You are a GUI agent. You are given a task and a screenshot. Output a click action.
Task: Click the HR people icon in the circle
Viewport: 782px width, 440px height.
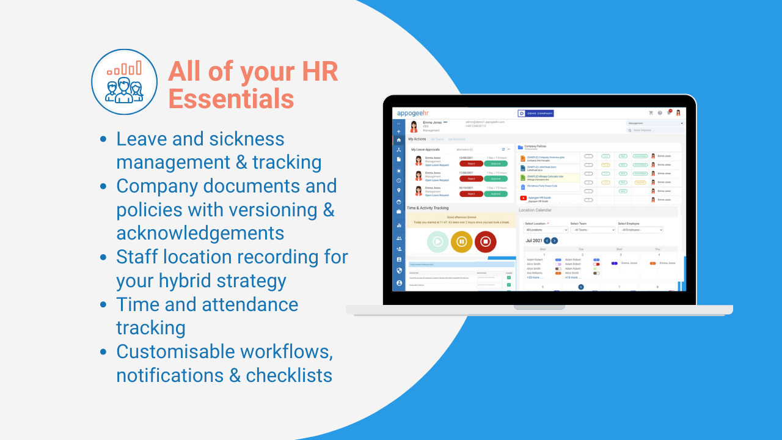pos(125,82)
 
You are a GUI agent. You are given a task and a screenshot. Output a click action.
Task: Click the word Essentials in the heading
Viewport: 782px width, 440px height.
pos(232,98)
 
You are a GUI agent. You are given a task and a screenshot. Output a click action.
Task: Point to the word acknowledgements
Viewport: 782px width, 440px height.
pos(200,233)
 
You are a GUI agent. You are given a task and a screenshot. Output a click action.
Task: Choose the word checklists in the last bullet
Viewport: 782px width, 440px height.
pos(289,375)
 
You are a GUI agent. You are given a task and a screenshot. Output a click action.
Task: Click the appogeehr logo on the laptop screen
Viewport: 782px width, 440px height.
pos(414,113)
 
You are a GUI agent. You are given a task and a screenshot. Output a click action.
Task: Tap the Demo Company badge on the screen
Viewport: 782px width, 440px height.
pos(535,113)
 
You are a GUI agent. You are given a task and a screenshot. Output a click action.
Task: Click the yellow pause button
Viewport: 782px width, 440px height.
pos(461,241)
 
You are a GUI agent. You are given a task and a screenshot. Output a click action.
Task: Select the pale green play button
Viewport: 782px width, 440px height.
pos(437,241)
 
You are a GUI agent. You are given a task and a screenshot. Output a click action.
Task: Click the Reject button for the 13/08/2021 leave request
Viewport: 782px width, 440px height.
pos(471,163)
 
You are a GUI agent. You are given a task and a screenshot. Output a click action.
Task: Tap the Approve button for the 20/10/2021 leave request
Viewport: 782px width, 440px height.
pos(495,194)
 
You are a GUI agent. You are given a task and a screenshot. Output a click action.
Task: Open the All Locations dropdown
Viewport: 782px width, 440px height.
pos(546,230)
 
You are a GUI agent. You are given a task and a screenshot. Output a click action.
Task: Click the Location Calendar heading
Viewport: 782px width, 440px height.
pos(535,210)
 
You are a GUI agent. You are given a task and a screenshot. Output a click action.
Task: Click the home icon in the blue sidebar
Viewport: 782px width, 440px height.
pos(399,140)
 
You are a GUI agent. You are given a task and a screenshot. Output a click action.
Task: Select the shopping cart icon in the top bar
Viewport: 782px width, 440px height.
pos(651,113)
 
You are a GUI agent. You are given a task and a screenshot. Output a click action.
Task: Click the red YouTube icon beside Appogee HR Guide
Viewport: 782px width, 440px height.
pos(523,198)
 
